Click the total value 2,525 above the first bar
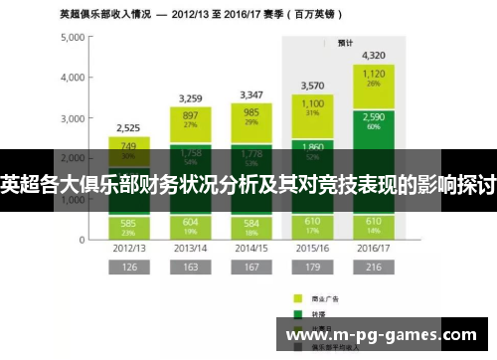(x=128, y=128)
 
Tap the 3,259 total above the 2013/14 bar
(x=190, y=98)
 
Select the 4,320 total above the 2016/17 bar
(x=374, y=56)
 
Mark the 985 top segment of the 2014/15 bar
(x=251, y=118)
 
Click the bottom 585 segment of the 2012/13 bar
(x=128, y=226)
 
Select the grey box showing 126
(x=128, y=268)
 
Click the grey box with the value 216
(x=374, y=268)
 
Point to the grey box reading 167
(x=251, y=268)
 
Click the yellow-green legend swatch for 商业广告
(x=297, y=296)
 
